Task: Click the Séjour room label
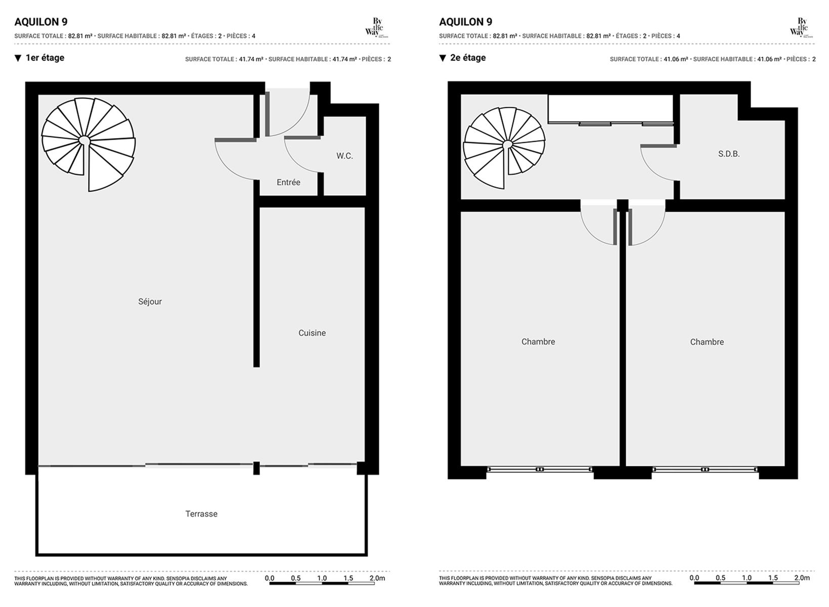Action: coord(150,302)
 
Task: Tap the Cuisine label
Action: coord(312,333)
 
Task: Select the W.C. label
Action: coord(344,156)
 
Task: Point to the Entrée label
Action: coord(288,183)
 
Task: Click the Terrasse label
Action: coord(201,514)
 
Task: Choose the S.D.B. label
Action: coord(729,154)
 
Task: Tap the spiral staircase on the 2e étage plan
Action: coord(504,148)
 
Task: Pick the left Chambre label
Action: coord(538,342)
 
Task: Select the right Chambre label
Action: coord(707,342)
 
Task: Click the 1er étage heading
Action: coord(45,58)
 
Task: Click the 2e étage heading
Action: coord(468,58)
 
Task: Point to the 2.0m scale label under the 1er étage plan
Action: coord(377,578)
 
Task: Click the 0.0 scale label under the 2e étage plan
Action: coord(694,578)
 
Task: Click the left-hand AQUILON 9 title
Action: coord(41,22)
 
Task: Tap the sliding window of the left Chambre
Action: coord(540,470)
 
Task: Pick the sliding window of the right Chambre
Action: coord(706,470)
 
